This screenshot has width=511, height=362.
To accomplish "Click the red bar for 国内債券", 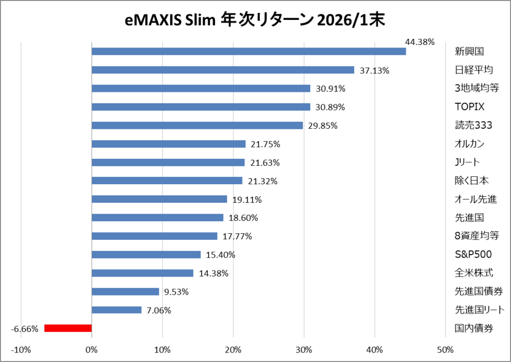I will click(x=68, y=328).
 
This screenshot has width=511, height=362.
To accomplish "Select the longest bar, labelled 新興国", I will click(x=249, y=51).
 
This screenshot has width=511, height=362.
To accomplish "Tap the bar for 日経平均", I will click(x=223, y=70).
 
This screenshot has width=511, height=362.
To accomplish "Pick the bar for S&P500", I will click(x=146, y=255).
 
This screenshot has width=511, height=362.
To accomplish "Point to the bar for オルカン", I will click(x=169, y=144).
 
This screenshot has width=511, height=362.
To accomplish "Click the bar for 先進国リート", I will click(x=117, y=310).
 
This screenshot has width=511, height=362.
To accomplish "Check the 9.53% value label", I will click(x=176, y=292).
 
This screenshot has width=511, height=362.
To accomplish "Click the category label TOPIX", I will click(x=470, y=107).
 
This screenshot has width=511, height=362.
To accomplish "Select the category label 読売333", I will click(x=473, y=125).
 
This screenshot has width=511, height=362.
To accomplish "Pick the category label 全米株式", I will click(x=474, y=273).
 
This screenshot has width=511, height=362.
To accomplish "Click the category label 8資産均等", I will click(x=477, y=236).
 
